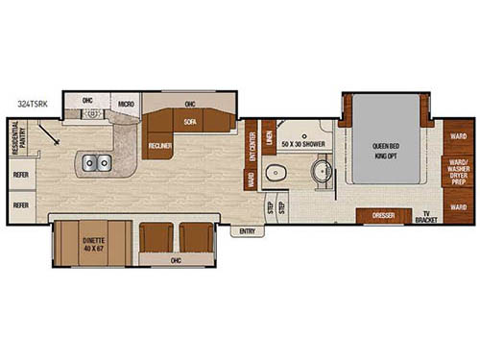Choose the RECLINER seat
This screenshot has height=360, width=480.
tap(159, 145)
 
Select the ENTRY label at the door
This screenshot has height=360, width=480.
tap(248, 230)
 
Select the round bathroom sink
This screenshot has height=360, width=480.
tap(322, 174)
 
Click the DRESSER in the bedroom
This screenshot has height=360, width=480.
tap(382, 216)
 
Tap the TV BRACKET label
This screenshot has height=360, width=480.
tap(425, 217)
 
